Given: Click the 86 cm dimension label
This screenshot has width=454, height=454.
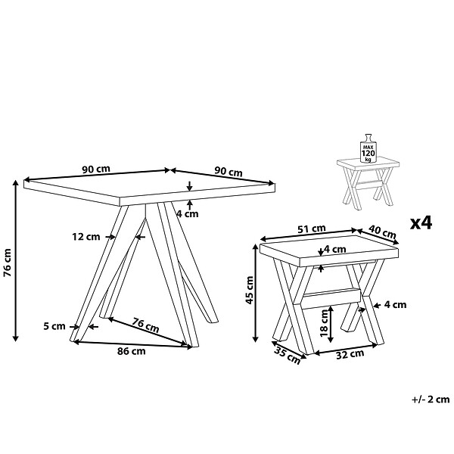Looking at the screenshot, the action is click(131, 351).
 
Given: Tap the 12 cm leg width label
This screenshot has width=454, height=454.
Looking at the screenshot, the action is click(86, 237).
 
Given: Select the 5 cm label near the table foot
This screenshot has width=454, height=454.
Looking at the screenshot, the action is click(54, 326).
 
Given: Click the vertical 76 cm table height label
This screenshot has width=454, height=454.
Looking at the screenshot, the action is click(8, 263).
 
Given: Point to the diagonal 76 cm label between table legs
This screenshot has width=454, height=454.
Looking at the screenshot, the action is click(145, 325).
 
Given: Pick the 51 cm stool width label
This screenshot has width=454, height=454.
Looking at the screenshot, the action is click(312, 229).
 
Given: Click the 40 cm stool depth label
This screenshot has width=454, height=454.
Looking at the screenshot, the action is click(382, 232).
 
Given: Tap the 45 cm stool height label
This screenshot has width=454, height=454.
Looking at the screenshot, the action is click(249, 290).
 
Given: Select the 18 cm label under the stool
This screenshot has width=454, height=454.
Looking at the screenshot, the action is click(324, 323).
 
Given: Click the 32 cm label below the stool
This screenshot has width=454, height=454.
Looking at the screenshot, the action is click(350, 354).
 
